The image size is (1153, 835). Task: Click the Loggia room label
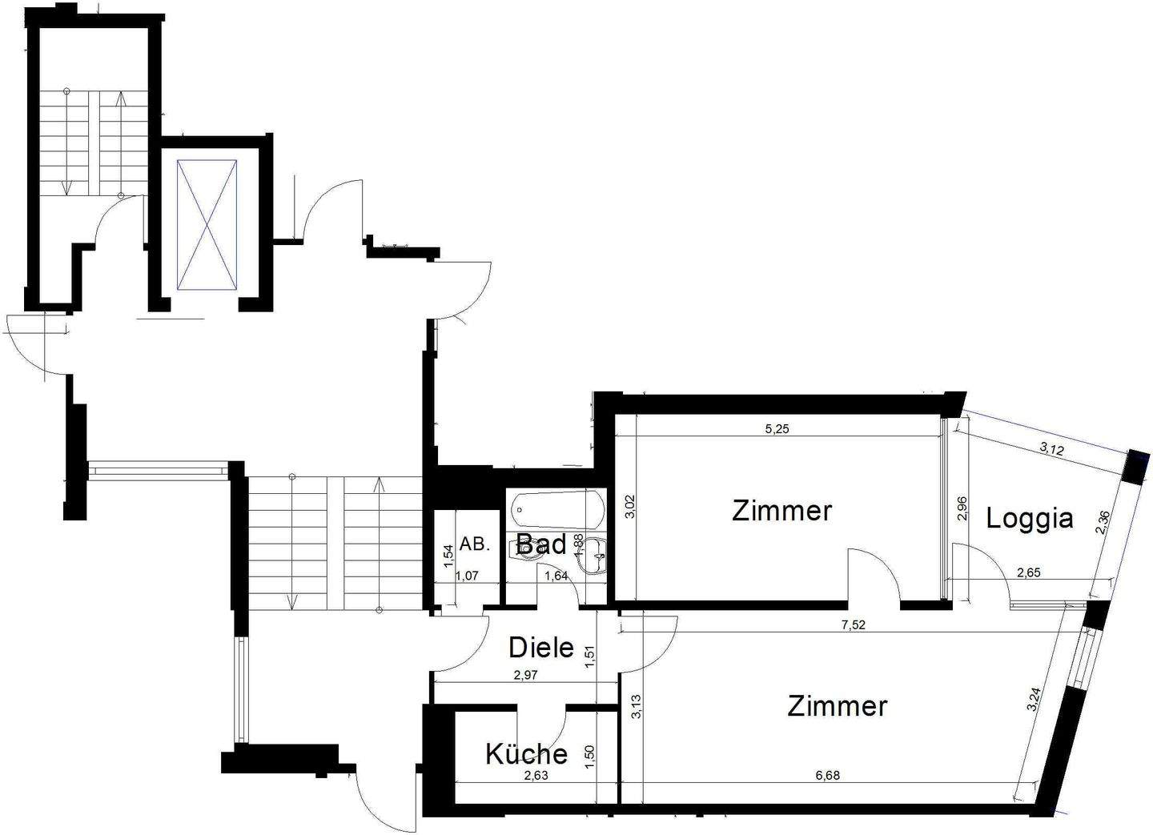(x=1029, y=519)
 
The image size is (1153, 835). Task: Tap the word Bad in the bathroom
(x=541, y=544)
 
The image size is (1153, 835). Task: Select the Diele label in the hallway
(x=541, y=647)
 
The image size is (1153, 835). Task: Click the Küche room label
(x=526, y=753)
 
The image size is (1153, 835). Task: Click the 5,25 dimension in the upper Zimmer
(x=777, y=429)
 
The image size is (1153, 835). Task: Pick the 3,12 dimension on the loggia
(x=1051, y=449)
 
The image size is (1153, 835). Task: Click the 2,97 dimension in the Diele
(x=525, y=675)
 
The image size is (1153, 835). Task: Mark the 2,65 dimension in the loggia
(x=1029, y=572)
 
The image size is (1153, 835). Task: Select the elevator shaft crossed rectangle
(x=207, y=223)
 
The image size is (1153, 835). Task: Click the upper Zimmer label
(x=781, y=510)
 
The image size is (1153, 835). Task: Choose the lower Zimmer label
(x=837, y=706)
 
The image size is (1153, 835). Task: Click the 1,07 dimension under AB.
(x=468, y=575)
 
